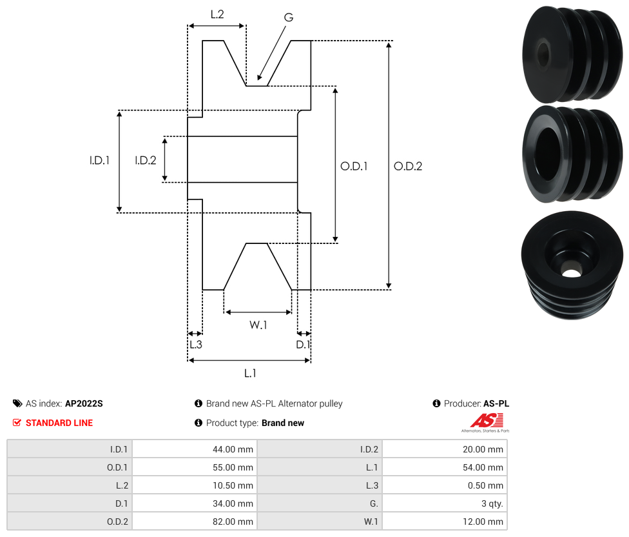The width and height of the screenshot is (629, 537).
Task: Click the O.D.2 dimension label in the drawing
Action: click(408, 166)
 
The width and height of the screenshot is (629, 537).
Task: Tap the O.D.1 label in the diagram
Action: click(354, 166)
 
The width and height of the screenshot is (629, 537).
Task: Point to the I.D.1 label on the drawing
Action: click(99, 160)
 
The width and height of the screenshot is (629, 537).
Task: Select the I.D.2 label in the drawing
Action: click(146, 160)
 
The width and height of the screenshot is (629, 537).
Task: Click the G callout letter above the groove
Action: click(288, 17)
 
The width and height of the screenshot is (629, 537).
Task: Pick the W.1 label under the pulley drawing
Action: click(258, 325)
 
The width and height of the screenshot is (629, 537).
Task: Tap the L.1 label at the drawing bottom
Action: click(250, 373)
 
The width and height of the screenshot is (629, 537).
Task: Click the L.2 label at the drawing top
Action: click(217, 14)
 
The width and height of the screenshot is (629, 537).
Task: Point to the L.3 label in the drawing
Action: click(195, 345)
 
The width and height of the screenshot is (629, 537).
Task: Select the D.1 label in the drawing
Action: click(303, 345)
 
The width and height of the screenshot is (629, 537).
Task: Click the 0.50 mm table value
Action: click(486, 485)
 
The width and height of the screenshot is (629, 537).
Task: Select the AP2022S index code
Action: click(84, 403)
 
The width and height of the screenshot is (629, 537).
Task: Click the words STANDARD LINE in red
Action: click(59, 423)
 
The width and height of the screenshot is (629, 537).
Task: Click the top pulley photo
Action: click(572, 54)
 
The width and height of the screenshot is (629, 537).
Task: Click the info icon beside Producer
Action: click(437, 403)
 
